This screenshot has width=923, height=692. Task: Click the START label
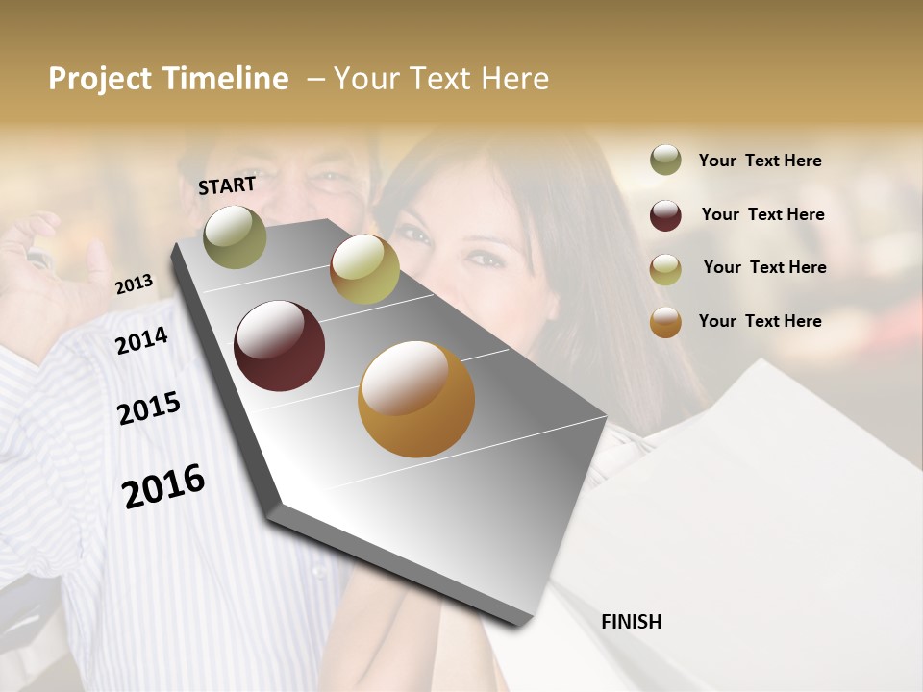point(227,185)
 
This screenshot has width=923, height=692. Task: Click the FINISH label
point(631,622)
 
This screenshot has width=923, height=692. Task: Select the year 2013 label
point(134,284)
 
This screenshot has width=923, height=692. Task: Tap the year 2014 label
point(141,340)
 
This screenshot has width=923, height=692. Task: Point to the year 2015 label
point(149,408)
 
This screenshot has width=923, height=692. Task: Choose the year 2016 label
point(163,485)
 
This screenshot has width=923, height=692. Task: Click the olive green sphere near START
point(235,237)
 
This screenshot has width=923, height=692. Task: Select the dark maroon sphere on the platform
point(279,346)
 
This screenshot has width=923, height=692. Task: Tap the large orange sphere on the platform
point(415,399)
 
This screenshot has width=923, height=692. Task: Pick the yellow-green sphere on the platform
point(364,269)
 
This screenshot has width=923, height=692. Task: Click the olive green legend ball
point(665,161)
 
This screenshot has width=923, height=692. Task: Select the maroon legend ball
point(665,215)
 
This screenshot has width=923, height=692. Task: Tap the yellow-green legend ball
point(665,269)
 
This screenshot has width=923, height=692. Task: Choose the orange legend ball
point(665,322)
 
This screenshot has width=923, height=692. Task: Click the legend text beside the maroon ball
point(762,214)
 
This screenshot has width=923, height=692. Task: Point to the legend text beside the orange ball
point(760,321)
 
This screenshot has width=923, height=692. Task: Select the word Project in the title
point(101,79)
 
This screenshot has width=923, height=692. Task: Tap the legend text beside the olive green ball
point(760,161)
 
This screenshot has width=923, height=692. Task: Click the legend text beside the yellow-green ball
point(764,267)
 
